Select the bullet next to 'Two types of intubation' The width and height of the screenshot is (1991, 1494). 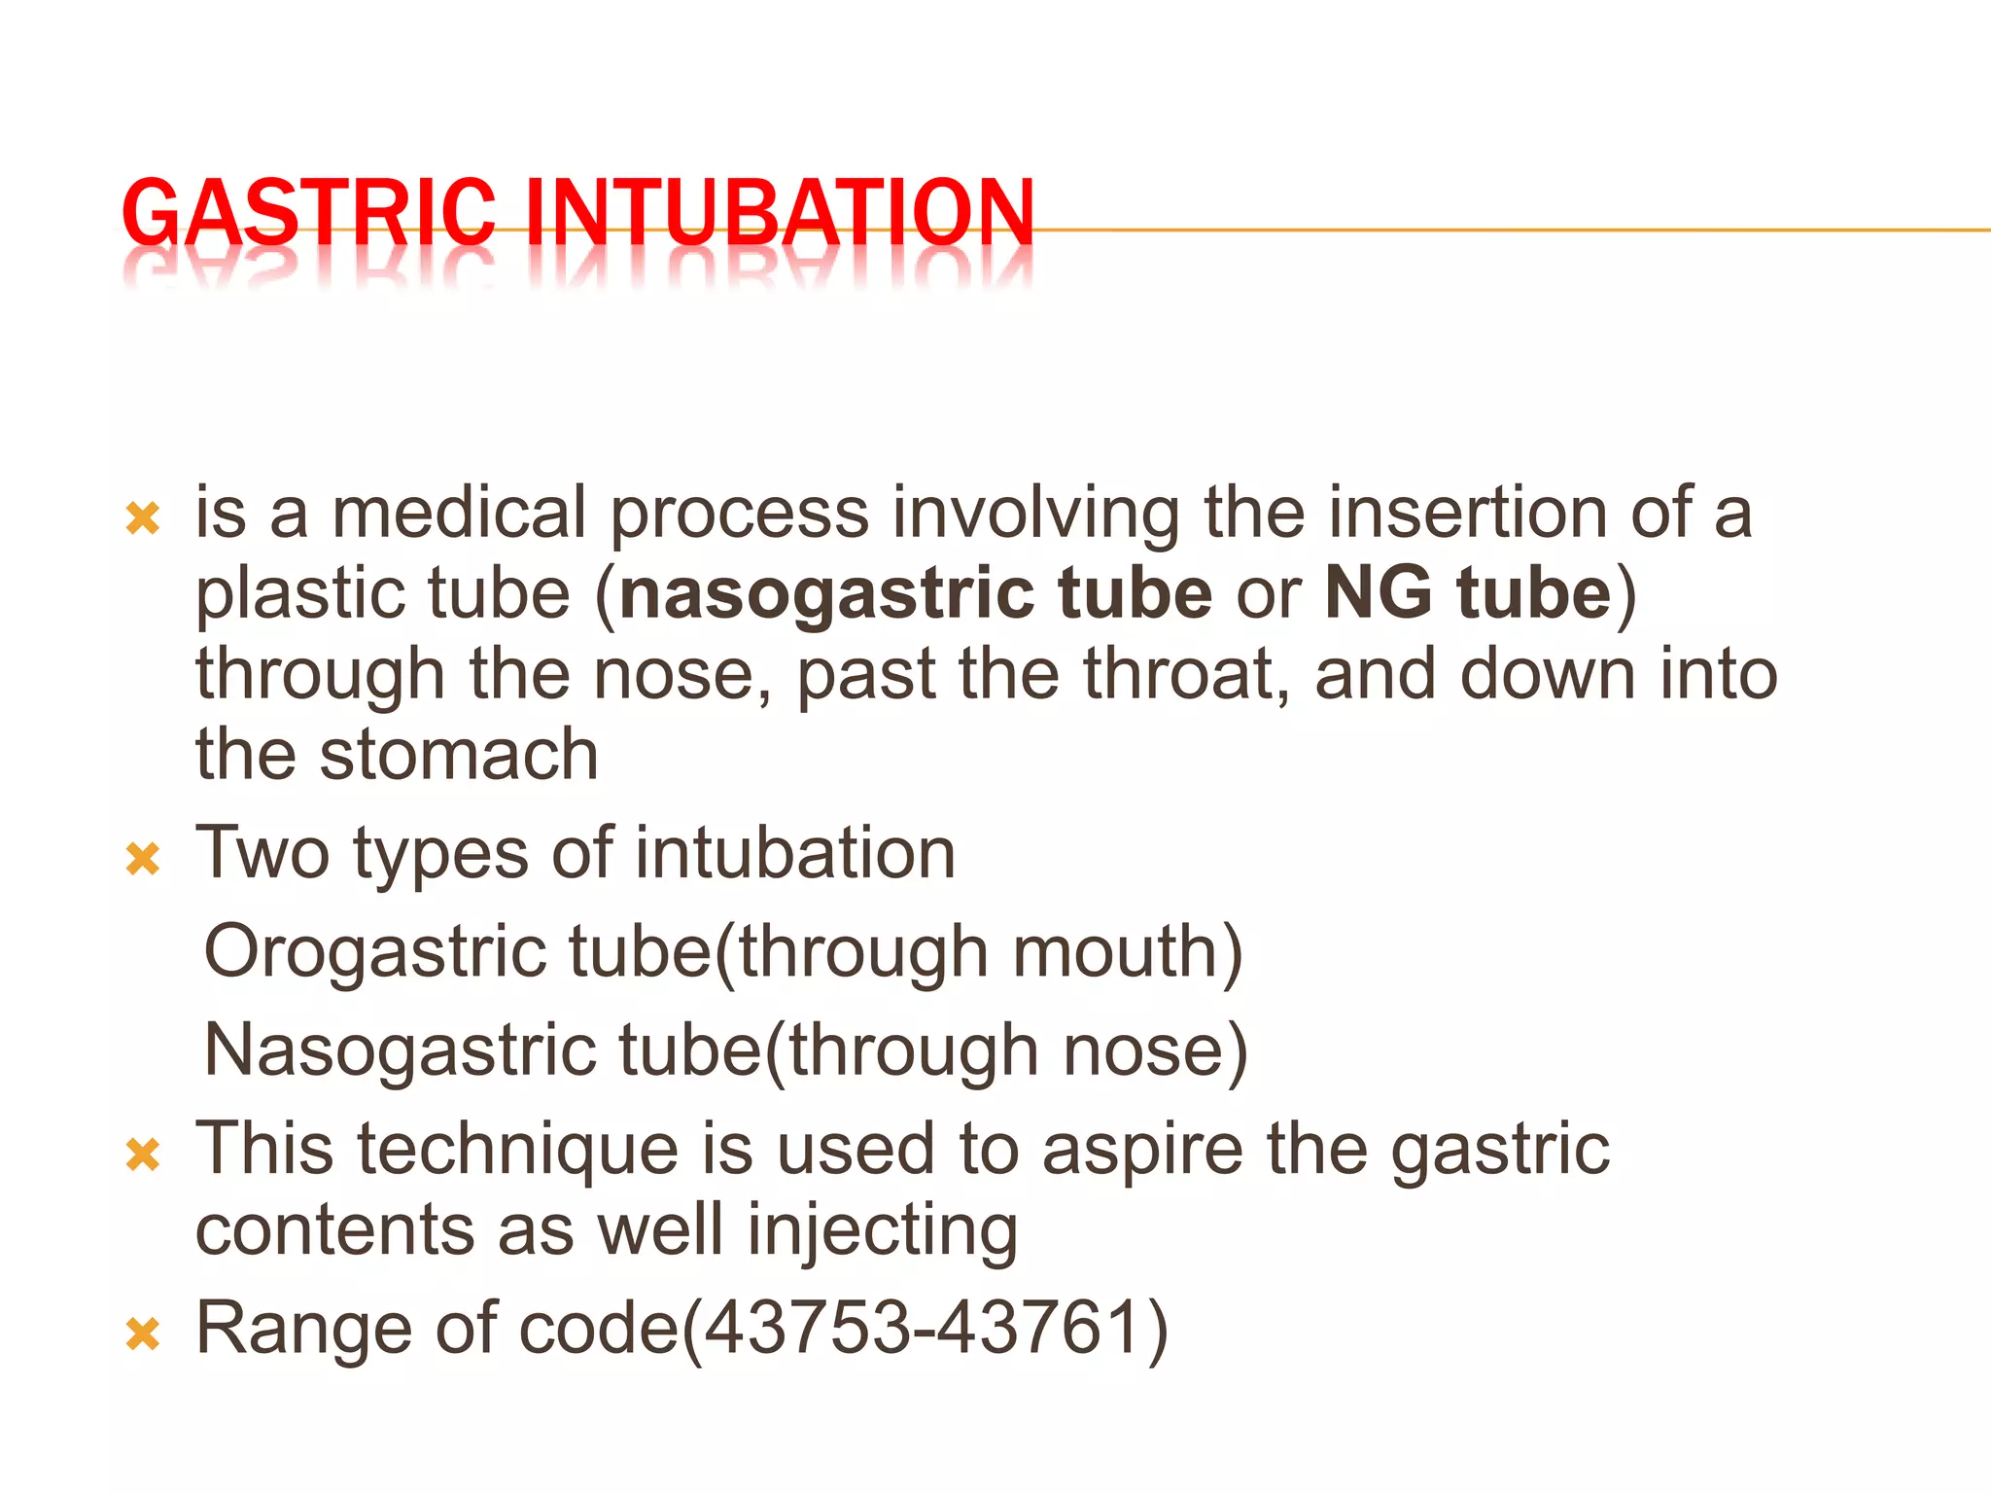coord(143,859)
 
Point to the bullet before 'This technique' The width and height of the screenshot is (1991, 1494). coord(143,1155)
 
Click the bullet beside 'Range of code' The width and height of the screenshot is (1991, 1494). coord(143,1334)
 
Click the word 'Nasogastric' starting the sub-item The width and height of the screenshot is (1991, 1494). coord(400,1050)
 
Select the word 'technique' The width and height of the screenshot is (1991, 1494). coord(518,1150)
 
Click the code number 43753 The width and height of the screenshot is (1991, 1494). coord(808,1329)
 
